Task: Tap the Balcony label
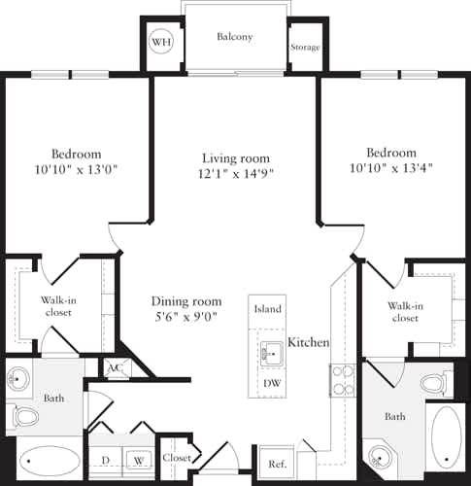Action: click(234, 37)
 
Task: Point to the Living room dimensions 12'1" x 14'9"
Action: click(235, 175)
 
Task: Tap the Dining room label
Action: click(185, 301)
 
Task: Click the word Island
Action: click(268, 309)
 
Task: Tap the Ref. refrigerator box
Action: click(276, 463)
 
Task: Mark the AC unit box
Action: click(115, 368)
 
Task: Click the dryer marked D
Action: click(105, 460)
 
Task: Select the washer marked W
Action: click(139, 460)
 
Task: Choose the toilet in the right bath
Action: click(438, 382)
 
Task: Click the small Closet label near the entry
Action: click(177, 458)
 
